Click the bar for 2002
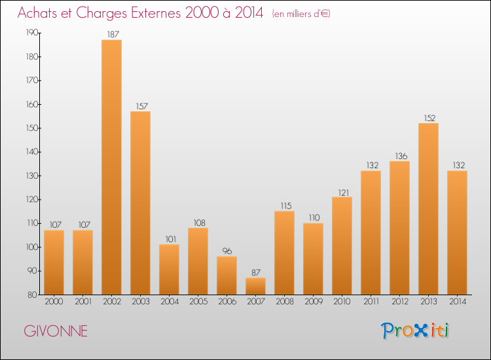click(x=111, y=167)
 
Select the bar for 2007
click(x=255, y=286)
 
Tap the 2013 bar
click(x=428, y=209)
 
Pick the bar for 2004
click(x=169, y=269)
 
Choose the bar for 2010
click(x=342, y=245)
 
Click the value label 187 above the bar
click(x=111, y=34)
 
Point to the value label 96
click(x=227, y=251)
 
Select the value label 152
click(x=428, y=118)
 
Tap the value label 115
click(x=284, y=206)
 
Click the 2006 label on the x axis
click(x=227, y=302)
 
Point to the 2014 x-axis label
click(x=457, y=302)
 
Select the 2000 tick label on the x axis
click(x=54, y=302)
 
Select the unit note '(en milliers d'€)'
click(x=301, y=14)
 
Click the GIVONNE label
click(x=56, y=331)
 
